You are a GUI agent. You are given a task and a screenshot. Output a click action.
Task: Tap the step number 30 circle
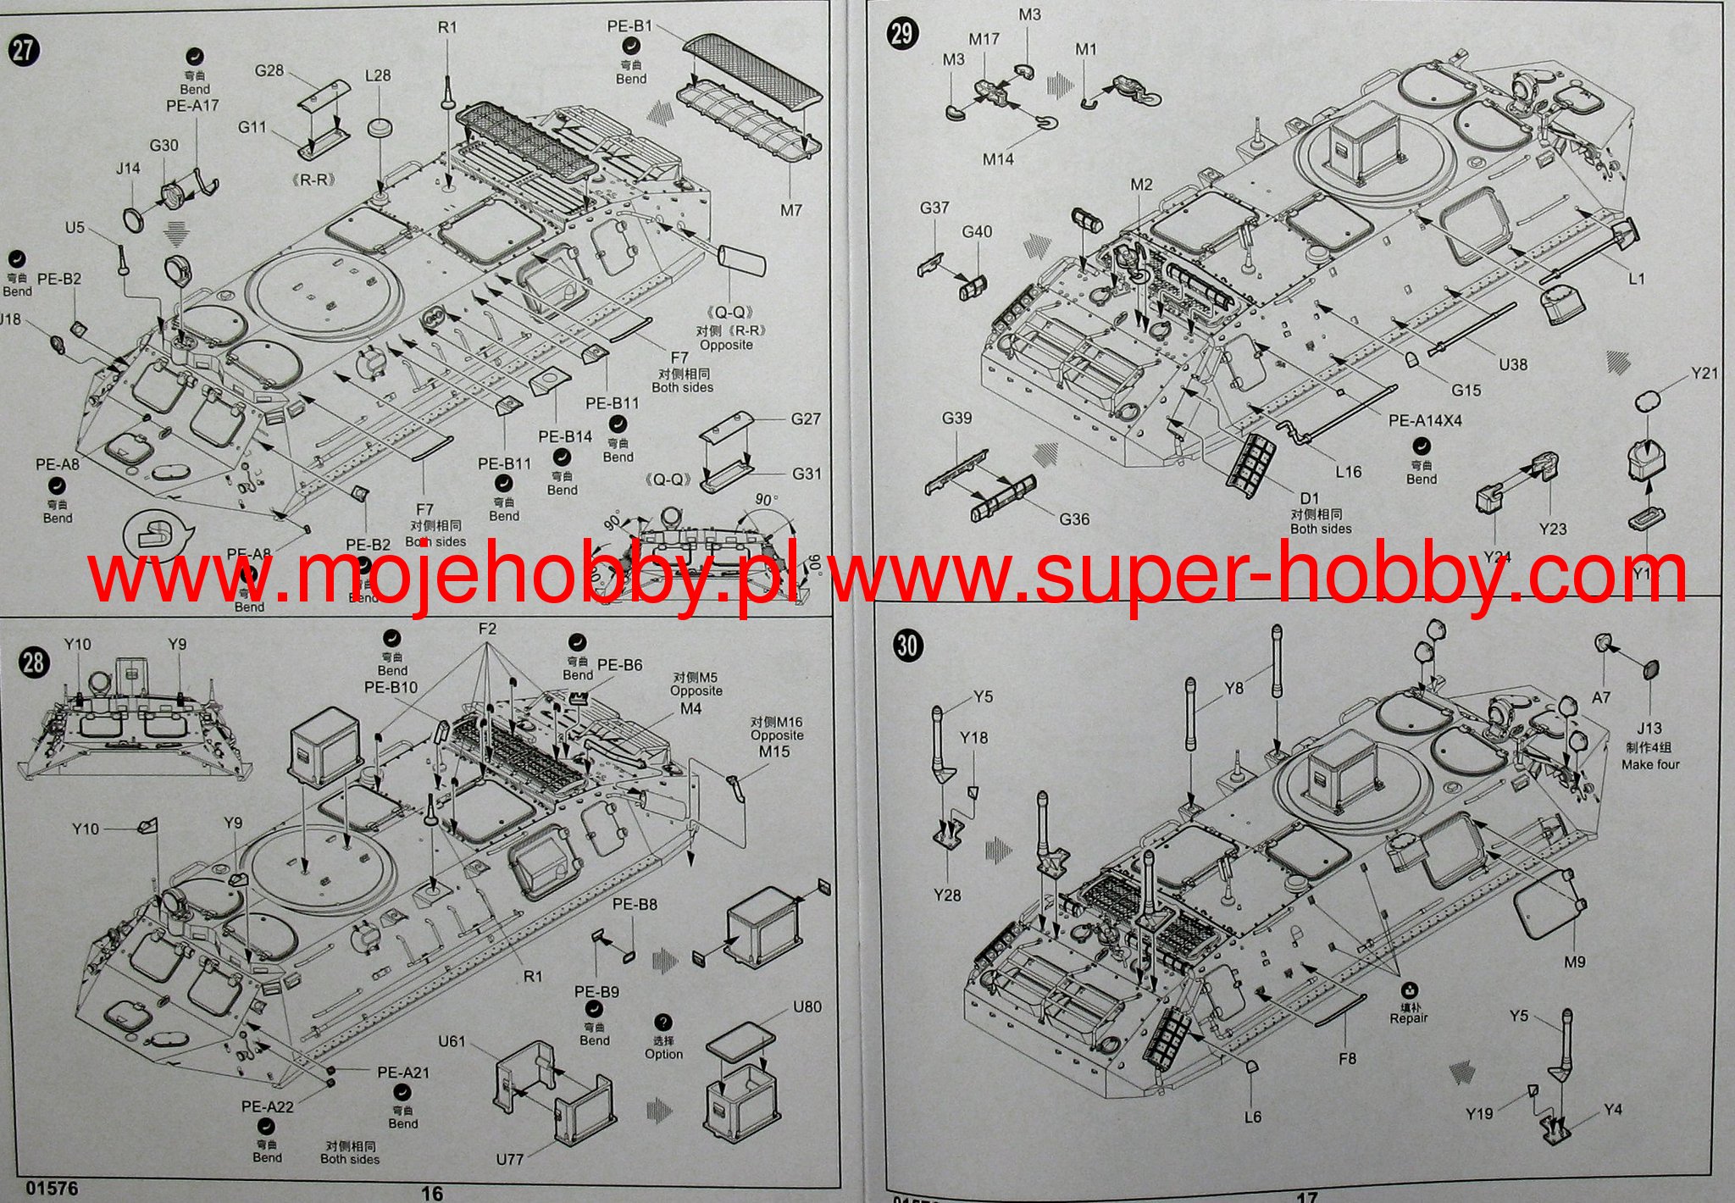906,646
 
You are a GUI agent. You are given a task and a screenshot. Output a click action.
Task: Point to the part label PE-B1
629,26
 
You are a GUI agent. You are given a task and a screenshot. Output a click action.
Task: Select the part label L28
378,75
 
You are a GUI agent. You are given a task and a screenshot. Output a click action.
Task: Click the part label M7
790,209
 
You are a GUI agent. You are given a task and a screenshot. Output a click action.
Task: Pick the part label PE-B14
565,437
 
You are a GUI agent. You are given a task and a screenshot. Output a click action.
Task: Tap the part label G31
806,474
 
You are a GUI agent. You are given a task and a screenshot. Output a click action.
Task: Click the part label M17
984,39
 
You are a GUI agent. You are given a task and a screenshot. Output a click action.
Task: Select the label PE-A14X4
1425,420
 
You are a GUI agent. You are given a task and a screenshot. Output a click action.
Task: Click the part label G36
1074,518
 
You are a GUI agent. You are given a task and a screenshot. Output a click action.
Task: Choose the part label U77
509,1159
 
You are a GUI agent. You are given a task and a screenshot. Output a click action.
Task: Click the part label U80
807,1007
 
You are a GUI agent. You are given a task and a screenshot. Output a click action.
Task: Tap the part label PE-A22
267,1106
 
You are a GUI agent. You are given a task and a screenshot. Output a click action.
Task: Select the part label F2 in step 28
487,629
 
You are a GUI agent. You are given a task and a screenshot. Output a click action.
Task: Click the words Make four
1649,764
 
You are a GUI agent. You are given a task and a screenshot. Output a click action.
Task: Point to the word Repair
1408,1018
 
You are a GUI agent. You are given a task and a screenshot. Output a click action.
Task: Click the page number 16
432,1193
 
